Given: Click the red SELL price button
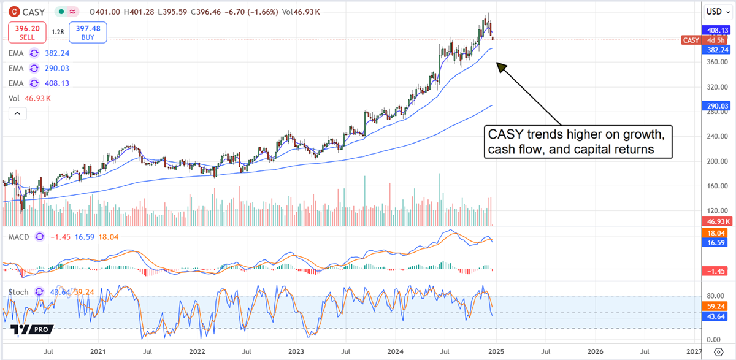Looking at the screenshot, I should point(27,32).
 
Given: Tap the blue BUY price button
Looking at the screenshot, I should point(88,32).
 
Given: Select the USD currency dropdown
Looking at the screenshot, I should point(713,11).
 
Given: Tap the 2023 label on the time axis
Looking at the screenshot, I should point(296,352).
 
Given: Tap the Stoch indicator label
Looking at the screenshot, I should point(18,292).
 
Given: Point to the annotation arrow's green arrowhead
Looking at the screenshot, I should point(501,66).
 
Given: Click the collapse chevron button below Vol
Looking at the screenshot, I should point(17,113).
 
